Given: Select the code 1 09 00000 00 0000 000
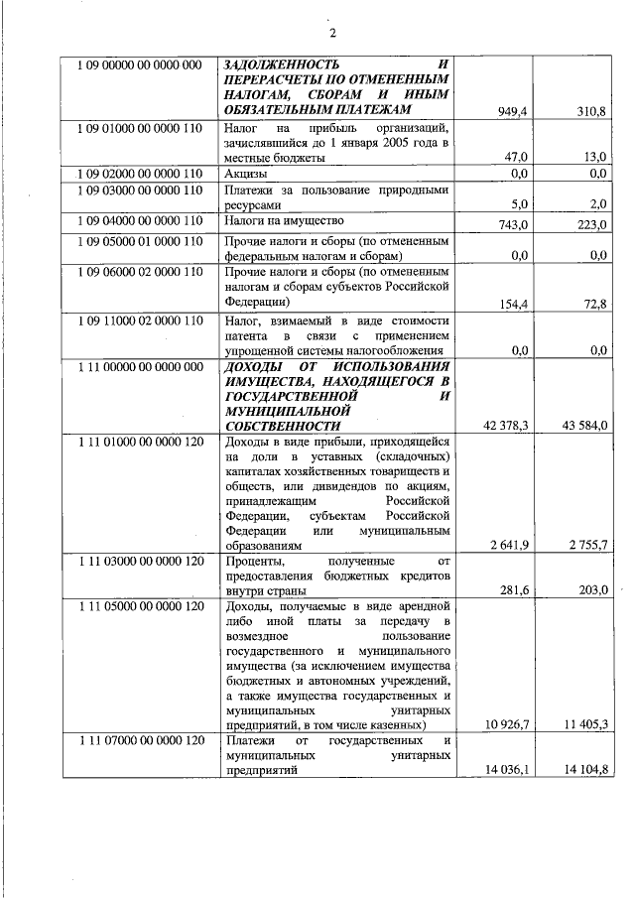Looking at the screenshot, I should click(140, 65).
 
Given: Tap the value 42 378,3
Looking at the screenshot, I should click(505, 426).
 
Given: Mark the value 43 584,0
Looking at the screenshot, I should click(584, 426).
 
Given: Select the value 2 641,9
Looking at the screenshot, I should click(508, 545).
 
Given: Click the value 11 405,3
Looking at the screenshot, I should click(584, 725).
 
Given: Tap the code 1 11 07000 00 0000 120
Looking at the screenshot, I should click(140, 740).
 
